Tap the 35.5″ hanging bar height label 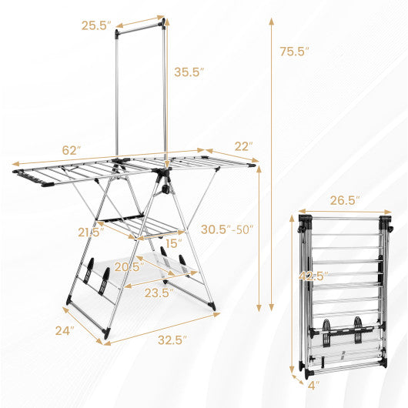click(189, 72)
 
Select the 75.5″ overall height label click(295, 52)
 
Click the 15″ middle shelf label click(172, 243)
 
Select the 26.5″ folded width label click(345, 200)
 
